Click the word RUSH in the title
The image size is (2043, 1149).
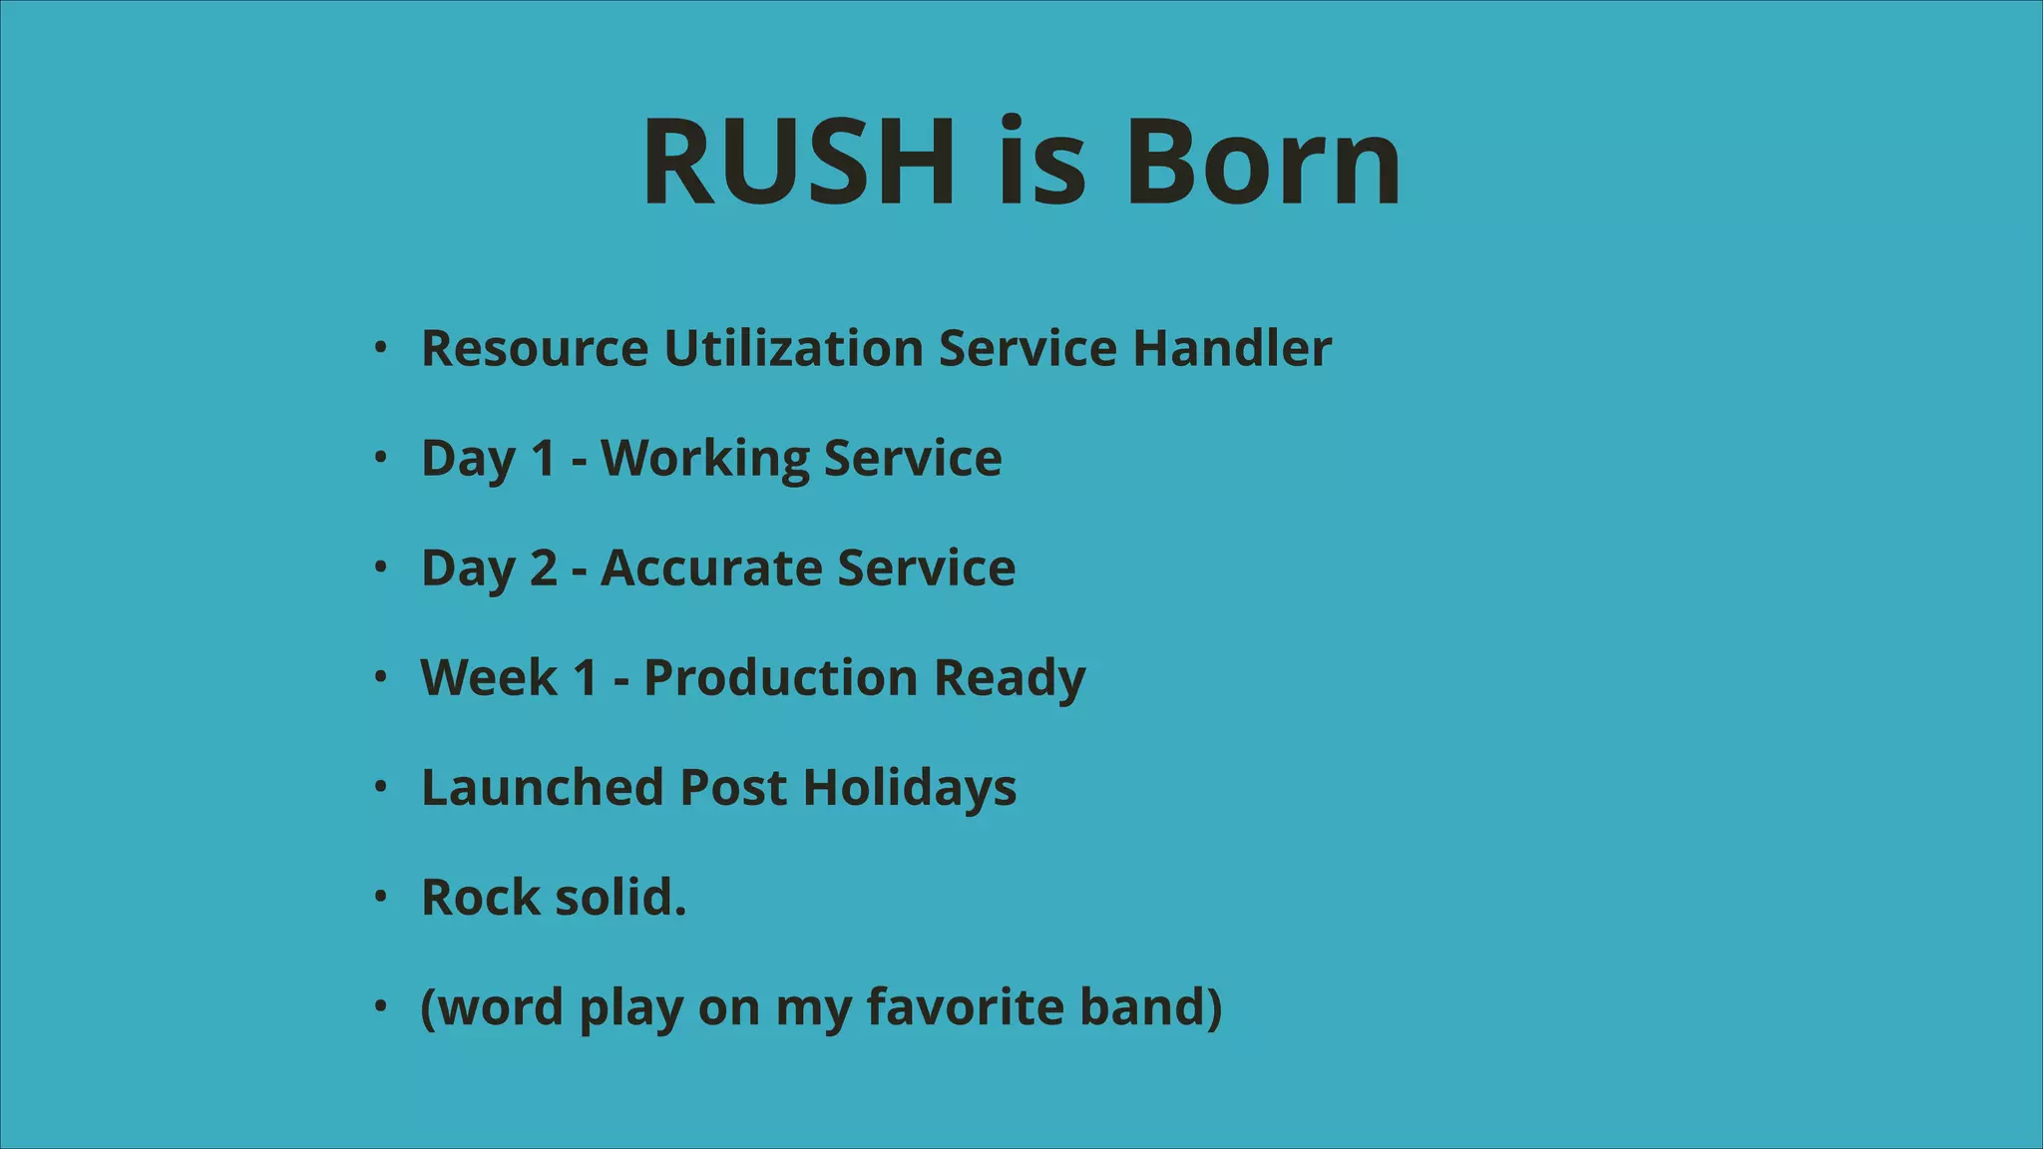(798, 162)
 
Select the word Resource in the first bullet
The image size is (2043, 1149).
(535, 349)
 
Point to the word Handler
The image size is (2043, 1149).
(1232, 349)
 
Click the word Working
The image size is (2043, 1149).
(704, 459)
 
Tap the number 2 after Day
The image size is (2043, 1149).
(544, 569)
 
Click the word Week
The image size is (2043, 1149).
(489, 678)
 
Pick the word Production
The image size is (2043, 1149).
(780, 678)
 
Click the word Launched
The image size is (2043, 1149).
(543, 788)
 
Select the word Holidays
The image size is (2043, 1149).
(910, 788)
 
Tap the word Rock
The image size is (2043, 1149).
(480, 898)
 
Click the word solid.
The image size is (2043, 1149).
(620, 898)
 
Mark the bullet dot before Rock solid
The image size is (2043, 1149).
(380, 897)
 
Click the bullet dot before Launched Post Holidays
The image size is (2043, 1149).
(380, 787)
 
